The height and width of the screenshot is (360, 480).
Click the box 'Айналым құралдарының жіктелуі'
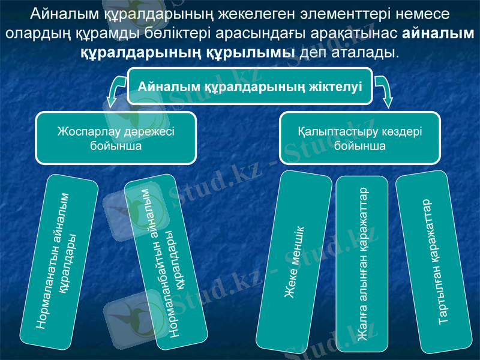click(250, 86)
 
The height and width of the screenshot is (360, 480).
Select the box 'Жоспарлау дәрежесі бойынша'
click(116, 138)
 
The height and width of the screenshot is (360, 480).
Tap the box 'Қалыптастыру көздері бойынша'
click(360, 138)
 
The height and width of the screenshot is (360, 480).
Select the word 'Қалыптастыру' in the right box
click(331, 132)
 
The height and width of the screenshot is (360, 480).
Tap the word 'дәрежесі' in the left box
click(145, 132)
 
